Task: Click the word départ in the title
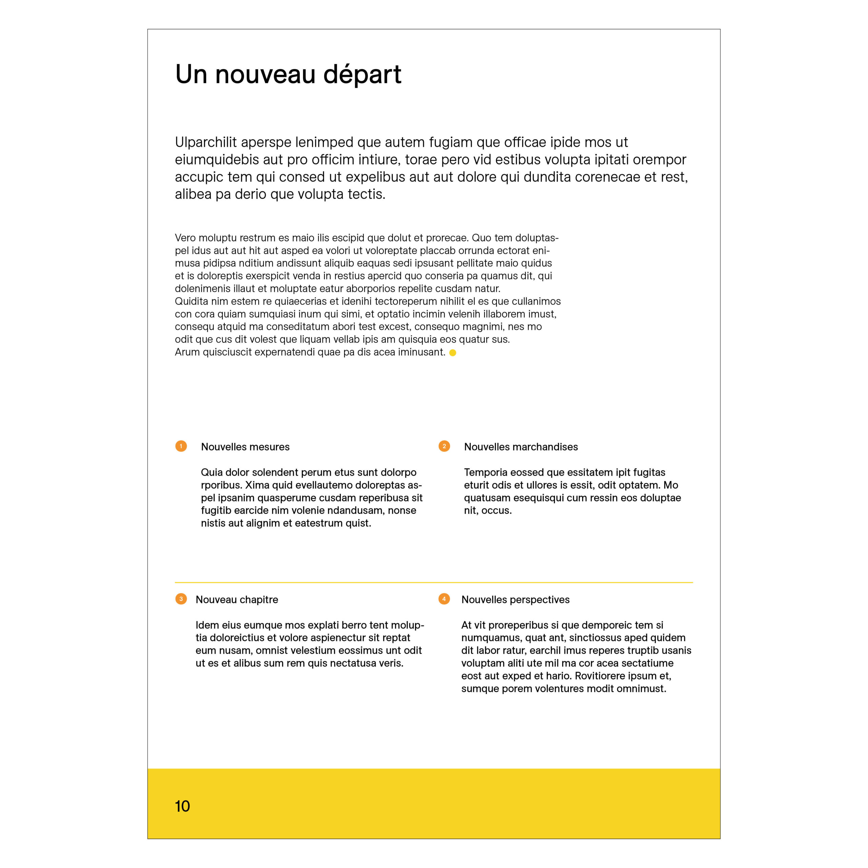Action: [x=362, y=75]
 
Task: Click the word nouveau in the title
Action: [x=265, y=75]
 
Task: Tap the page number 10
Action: [x=182, y=806]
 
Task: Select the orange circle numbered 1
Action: [x=181, y=446]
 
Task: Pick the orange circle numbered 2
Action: [x=444, y=446]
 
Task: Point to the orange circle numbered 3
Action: [x=181, y=599]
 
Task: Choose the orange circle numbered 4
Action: [x=444, y=599]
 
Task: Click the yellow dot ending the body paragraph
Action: [x=453, y=353]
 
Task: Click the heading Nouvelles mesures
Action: [x=245, y=447]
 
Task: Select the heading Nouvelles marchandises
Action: [x=521, y=447]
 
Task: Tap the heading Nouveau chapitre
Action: [x=237, y=600]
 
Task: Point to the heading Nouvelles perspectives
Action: [x=515, y=600]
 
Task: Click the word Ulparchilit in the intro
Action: [x=206, y=142]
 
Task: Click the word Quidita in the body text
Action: [x=191, y=301]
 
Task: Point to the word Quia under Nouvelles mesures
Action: [x=211, y=473]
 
